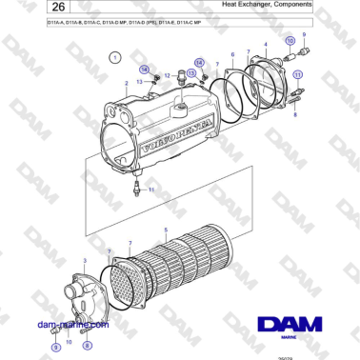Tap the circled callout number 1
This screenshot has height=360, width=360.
(x=116, y=58)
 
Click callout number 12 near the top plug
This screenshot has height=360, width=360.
(x=168, y=74)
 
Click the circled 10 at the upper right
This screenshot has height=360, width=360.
(x=290, y=43)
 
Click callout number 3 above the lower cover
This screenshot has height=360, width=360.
(x=86, y=260)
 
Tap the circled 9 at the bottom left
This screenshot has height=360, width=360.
(x=54, y=348)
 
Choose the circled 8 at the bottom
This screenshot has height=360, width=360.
(x=88, y=348)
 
